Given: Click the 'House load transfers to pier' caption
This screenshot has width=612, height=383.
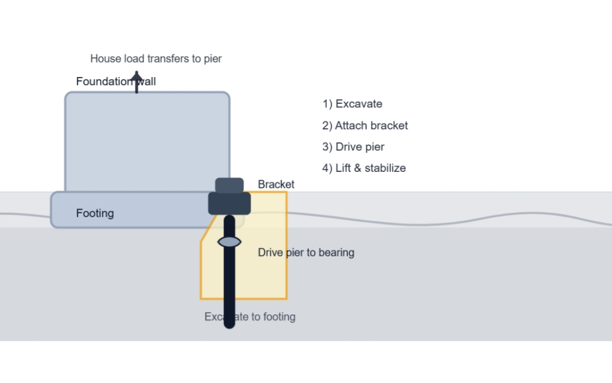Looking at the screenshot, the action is (156, 58).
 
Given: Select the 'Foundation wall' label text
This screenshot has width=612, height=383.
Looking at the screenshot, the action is (116, 81).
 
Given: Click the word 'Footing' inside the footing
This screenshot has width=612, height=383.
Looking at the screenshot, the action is (95, 213).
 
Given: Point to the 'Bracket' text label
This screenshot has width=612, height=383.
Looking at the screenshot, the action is (276, 184).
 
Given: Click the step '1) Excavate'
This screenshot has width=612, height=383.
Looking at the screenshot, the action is (352, 104).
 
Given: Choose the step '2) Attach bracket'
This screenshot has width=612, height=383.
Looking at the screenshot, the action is (365, 125).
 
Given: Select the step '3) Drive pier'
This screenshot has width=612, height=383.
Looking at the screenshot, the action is (353, 146).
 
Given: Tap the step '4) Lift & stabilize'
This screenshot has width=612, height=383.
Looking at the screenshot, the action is (364, 167).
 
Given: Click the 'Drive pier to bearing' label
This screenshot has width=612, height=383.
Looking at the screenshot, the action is (306, 252).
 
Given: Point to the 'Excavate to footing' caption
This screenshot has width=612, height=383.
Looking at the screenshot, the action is (250, 317).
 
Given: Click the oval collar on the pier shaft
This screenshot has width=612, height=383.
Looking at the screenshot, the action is (229, 242).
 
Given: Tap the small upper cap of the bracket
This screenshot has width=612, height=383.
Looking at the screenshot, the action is (229, 185).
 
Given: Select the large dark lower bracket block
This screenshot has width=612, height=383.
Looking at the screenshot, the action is (229, 203).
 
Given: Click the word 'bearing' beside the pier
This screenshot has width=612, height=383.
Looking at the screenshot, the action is (337, 252).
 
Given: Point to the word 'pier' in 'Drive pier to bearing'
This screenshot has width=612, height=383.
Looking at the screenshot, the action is (295, 253).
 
